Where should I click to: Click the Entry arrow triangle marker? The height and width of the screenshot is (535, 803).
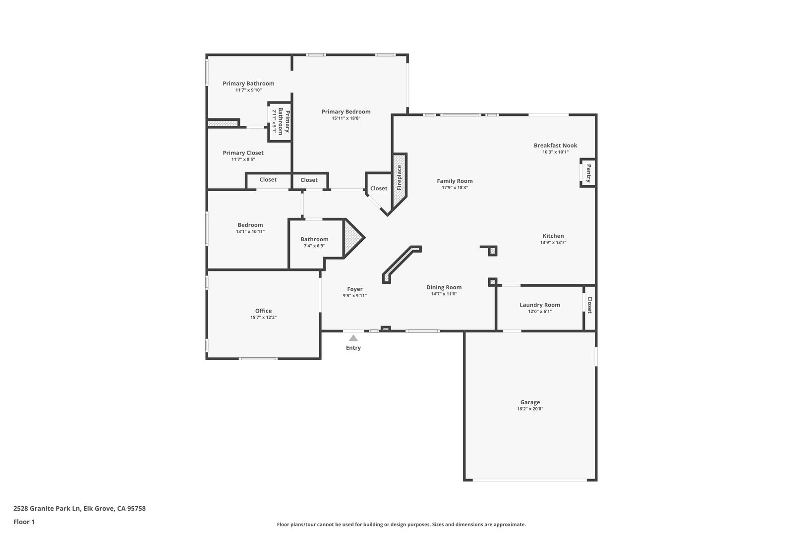[353, 338]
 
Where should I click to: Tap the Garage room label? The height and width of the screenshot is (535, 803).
[530, 402]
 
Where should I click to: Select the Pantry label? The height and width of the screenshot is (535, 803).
[589, 173]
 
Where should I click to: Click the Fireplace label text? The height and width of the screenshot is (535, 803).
[400, 178]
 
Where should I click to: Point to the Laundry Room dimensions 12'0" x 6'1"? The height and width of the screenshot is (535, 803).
[540, 312]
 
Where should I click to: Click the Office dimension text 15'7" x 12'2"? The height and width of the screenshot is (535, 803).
[264, 317]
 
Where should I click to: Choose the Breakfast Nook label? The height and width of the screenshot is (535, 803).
[555, 145]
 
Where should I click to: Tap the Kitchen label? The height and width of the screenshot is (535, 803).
[553, 236]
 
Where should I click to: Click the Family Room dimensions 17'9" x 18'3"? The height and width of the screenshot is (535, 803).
[455, 187]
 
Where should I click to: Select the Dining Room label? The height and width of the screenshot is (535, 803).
[444, 287]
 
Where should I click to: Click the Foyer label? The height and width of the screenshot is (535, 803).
[355, 289]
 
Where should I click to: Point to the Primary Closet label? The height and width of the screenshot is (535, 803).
[243, 153]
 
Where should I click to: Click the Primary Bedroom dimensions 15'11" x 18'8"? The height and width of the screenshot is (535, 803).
[346, 118]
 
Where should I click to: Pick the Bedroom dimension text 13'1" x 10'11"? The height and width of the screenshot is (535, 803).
[250, 231]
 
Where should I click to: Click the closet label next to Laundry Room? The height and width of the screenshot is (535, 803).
[590, 305]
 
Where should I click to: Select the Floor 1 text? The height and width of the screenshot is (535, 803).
[24, 522]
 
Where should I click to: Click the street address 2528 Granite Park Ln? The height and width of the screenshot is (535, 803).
[47, 508]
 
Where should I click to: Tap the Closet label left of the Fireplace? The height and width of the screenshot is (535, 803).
[379, 188]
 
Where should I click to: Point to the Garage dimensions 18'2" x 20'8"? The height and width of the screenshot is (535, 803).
[530, 409]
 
